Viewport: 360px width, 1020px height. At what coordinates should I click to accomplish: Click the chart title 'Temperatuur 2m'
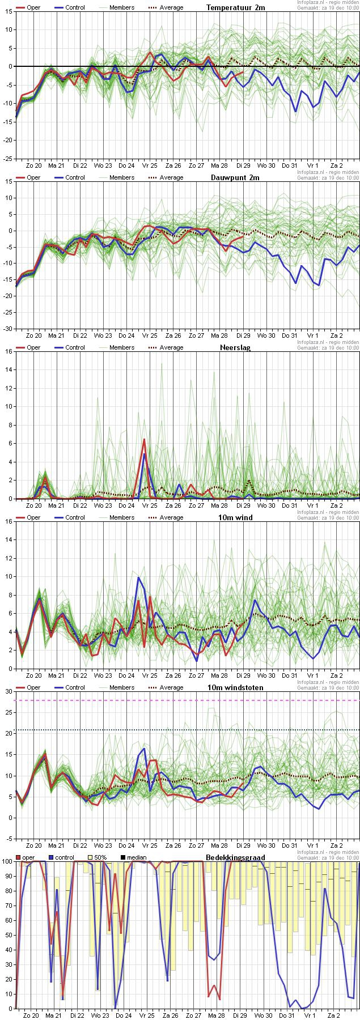point(235,8)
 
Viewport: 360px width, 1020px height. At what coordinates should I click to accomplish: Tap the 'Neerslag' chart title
point(235,348)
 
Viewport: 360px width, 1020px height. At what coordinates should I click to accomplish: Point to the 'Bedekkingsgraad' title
point(235,857)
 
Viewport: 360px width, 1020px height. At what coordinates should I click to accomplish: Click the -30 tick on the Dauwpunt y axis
point(7,329)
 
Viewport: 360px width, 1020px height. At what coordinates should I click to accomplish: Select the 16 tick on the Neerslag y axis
point(9,351)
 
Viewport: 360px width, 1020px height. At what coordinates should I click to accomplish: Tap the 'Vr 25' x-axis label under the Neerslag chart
point(150,505)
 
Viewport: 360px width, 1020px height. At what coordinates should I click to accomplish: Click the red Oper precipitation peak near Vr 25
point(145,439)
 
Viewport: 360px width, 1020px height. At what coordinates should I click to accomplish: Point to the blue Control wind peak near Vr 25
point(138,577)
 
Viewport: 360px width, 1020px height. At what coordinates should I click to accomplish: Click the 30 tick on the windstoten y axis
point(9,691)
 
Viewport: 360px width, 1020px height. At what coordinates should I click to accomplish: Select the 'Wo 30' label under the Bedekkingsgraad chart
point(266,1015)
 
